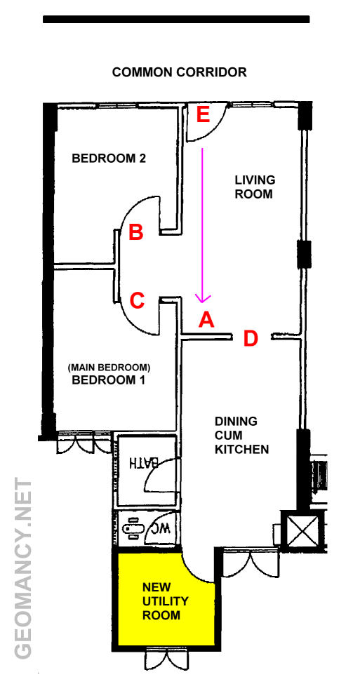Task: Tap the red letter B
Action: pyautogui.click(x=135, y=232)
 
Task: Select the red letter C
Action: pyautogui.click(x=137, y=301)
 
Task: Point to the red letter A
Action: pyautogui.click(x=206, y=319)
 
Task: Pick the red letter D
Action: pyautogui.click(x=251, y=338)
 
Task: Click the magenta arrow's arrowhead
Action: pyautogui.click(x=203, y=299)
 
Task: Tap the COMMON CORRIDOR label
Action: pyautogui.click(x=180, y=72)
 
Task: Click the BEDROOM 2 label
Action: pyautogui.click(x=109, y=158)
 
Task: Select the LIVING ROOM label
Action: pyautogui.click(x=255, y=187)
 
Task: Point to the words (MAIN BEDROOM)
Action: pyautogui.click(x=109, y=367)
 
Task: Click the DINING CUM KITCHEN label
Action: pyautogui.click(x=242, y=435)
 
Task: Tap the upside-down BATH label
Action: pyautogui.click(x=142, y=462)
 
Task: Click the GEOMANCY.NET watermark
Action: pyautogui.click(x=23, y=568)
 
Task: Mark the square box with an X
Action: pyautogui.click(x=302, y=530)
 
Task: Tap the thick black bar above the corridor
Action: pyautogui.click(x=176, y=20)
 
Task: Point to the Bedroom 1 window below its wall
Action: pyautogui.click(x=85, y=443)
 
